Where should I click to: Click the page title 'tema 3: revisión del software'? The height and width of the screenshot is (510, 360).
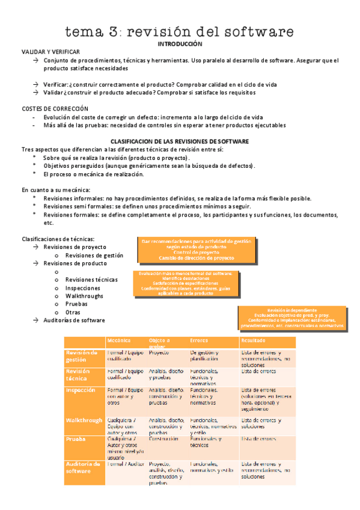180,31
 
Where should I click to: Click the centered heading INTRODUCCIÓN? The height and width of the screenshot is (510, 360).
180,45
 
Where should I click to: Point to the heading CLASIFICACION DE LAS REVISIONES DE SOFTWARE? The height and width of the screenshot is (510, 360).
180,141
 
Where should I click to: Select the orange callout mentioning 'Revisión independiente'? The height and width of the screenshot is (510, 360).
293,318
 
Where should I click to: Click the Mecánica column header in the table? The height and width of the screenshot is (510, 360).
119,340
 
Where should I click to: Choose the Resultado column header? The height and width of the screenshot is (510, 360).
252,340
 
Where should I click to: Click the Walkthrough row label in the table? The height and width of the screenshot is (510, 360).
84,420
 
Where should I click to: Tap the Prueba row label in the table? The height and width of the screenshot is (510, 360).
76,439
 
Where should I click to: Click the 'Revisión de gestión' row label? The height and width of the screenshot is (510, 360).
82,356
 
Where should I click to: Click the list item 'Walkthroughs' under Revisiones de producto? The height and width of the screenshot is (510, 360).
84,296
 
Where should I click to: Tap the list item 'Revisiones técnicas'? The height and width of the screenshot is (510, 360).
91,280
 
